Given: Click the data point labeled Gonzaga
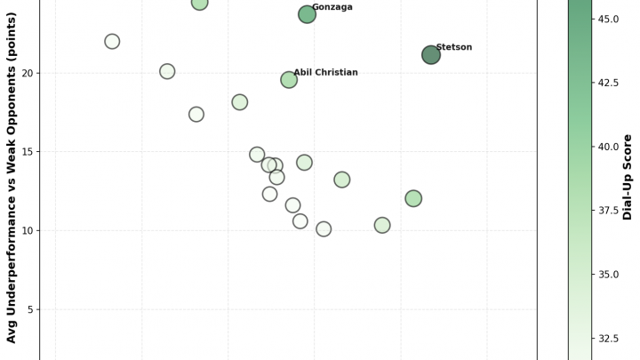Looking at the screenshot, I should point(307,14).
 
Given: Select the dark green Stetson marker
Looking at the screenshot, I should point(431,54).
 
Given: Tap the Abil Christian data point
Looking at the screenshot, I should point(289,80).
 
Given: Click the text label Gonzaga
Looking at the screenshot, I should point(356,7).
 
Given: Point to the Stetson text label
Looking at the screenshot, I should point(478,47).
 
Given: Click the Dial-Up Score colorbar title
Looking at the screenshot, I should point(628,177).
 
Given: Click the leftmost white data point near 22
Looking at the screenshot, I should point(112,42).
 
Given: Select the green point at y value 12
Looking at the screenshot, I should point(413,198).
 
